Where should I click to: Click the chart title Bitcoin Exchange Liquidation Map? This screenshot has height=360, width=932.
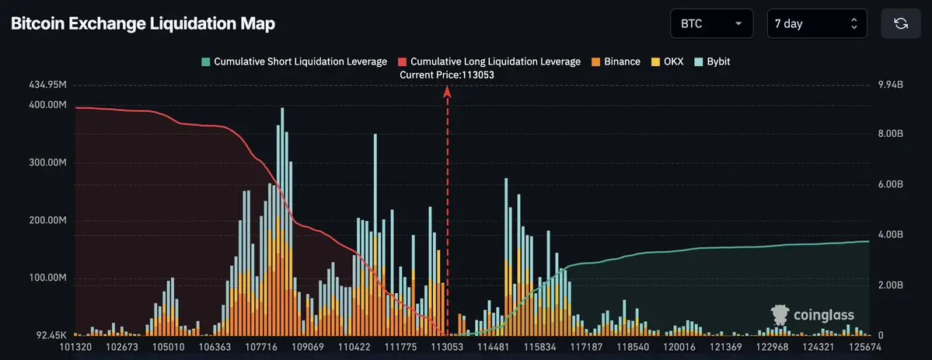pyautogui.click(x=143, y=24)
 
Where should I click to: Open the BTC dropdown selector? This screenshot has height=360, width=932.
pyautogui.click(x=711, y=23)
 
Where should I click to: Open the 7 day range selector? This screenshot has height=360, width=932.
pyautogui.click(x=816, y=23)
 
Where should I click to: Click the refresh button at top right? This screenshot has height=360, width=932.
pyautogui.click(x=901, y=23)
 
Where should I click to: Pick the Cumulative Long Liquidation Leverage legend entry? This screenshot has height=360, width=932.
pyautogui.click(x=489, y=61)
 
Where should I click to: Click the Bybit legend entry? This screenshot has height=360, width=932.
pyautogui.click(x=712, y=61)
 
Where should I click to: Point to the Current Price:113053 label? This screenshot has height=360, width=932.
pyautogui.click(x=446, y=75)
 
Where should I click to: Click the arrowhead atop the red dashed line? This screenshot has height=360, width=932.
pyautogui.click(x=448, y=90)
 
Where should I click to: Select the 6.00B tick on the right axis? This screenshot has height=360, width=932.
pyautogui.click(x=889, y=184)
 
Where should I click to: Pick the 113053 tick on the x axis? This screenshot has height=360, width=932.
pyautogui.click(x=447, y=347)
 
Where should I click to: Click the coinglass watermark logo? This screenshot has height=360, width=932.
pyautogui.click(x=813, y=314)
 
